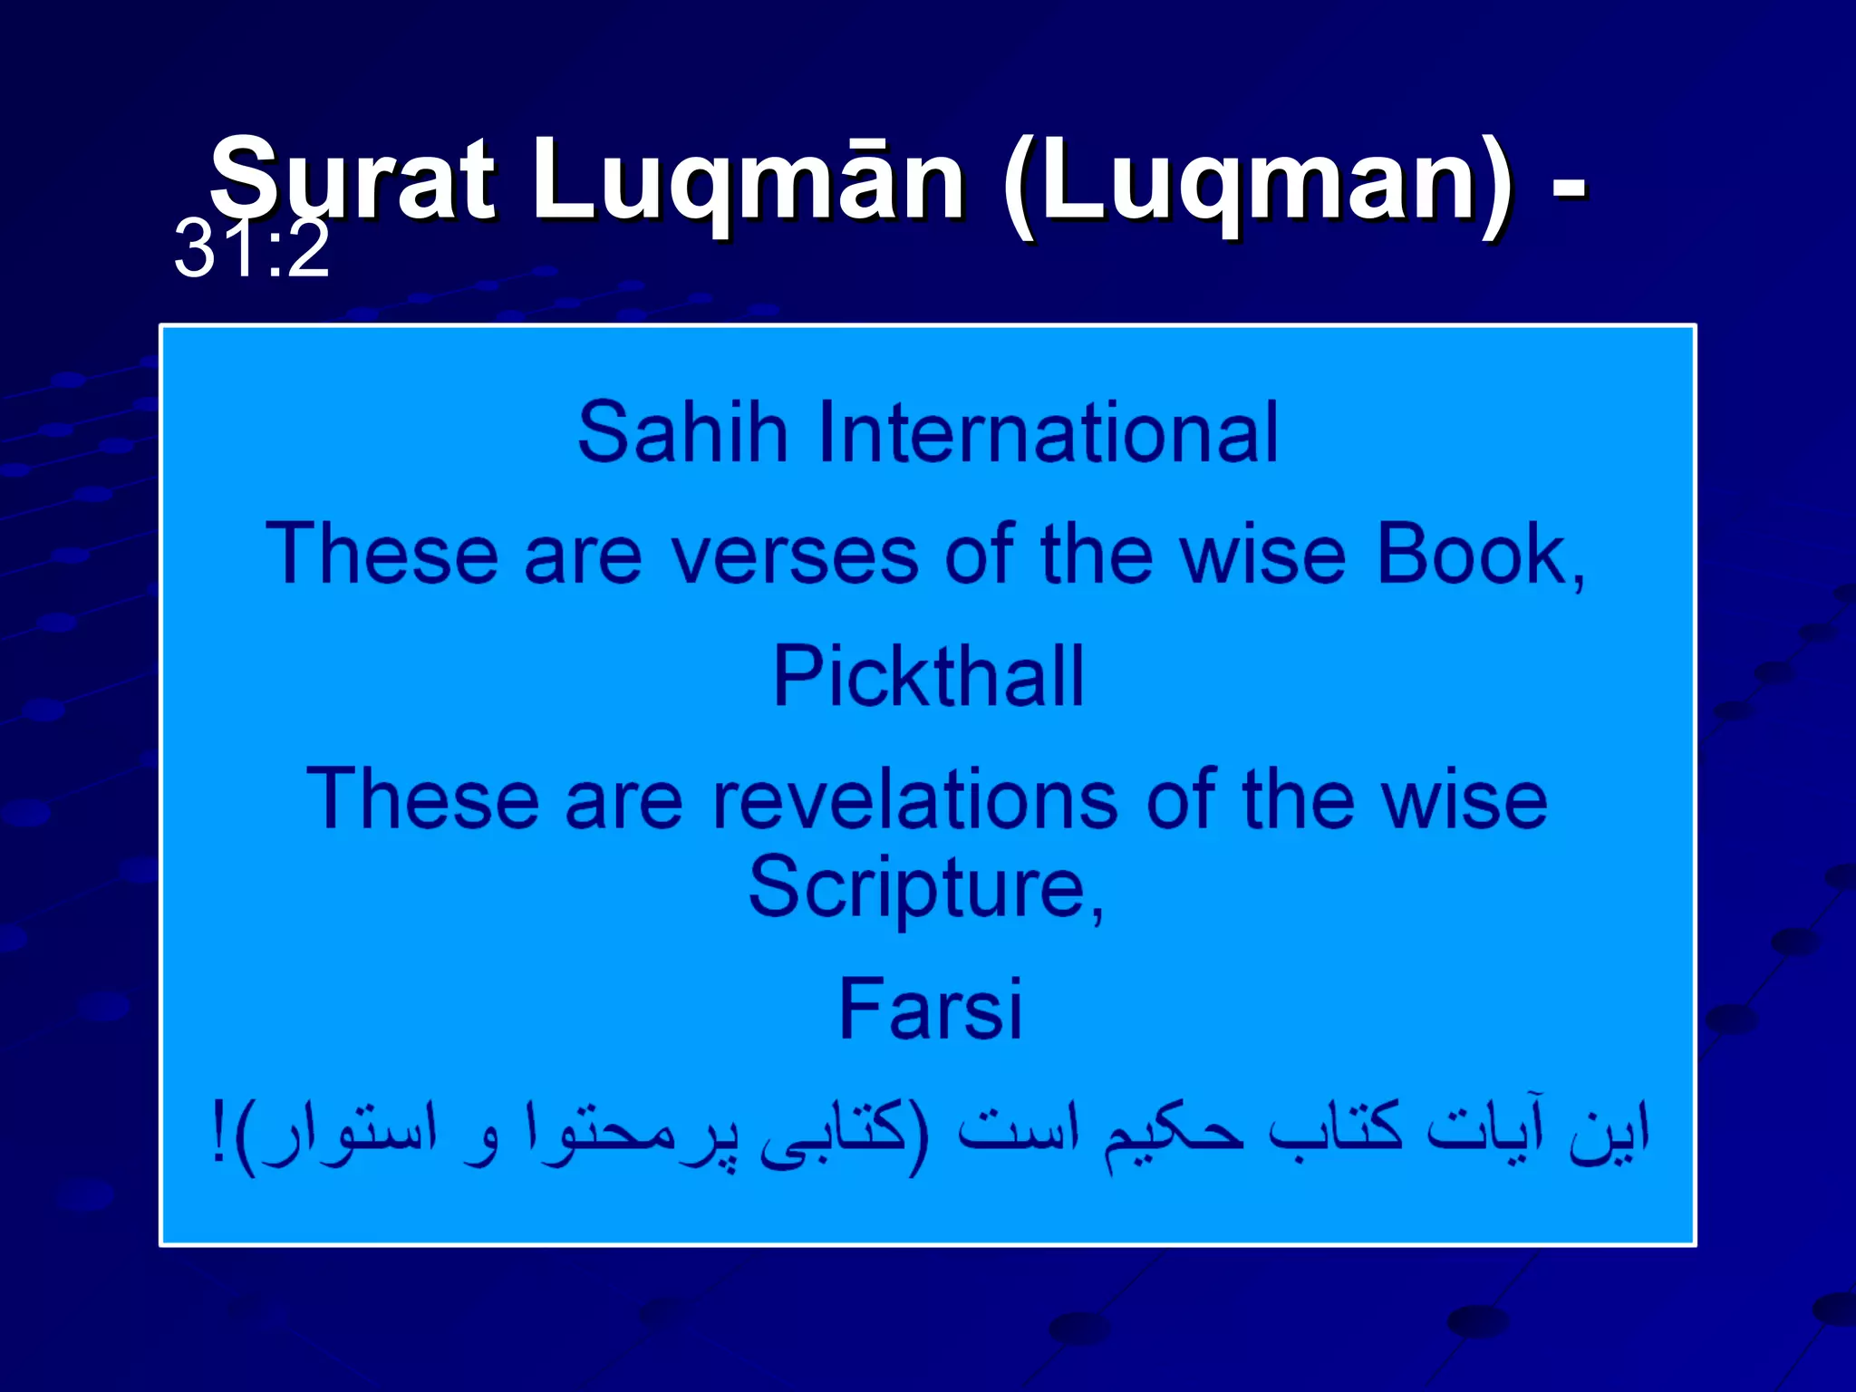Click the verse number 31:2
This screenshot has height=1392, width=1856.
tap(251, 249)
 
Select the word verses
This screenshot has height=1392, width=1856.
tap(794, 554)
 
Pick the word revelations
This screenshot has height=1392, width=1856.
tap(914, 798)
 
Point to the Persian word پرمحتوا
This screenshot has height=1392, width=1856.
tap(631, 1133)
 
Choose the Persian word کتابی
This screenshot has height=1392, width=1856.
tap(834, 1133)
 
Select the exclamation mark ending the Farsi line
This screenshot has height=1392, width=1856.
tap(217, 1133)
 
